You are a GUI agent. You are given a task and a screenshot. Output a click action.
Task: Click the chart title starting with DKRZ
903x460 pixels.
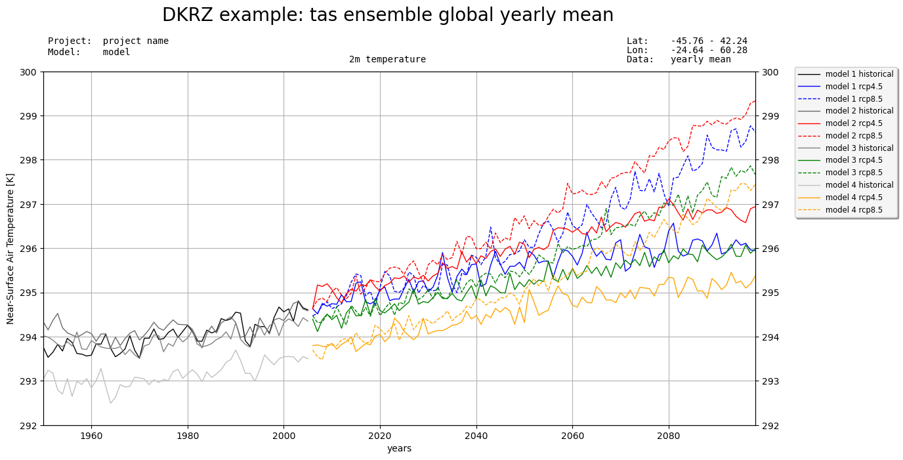click(x=387, y=15)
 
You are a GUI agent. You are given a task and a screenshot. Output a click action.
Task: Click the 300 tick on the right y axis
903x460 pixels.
click(x=769, y=72)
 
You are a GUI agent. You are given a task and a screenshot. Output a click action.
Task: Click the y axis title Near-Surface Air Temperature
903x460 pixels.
click(x=10, y=248)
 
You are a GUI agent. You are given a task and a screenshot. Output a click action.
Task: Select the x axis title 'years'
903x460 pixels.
click(x=399, y=449)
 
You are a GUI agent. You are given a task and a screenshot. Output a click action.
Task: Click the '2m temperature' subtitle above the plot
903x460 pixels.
click(x=387, y=60)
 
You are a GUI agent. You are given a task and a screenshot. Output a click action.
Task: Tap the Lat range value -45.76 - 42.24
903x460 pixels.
click(x=709, y=41)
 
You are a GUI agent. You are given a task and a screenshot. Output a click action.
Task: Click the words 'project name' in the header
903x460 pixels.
click(x=135, y=41)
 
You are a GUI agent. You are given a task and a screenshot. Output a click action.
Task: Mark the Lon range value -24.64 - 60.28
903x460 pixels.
click(x=709, y=51)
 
